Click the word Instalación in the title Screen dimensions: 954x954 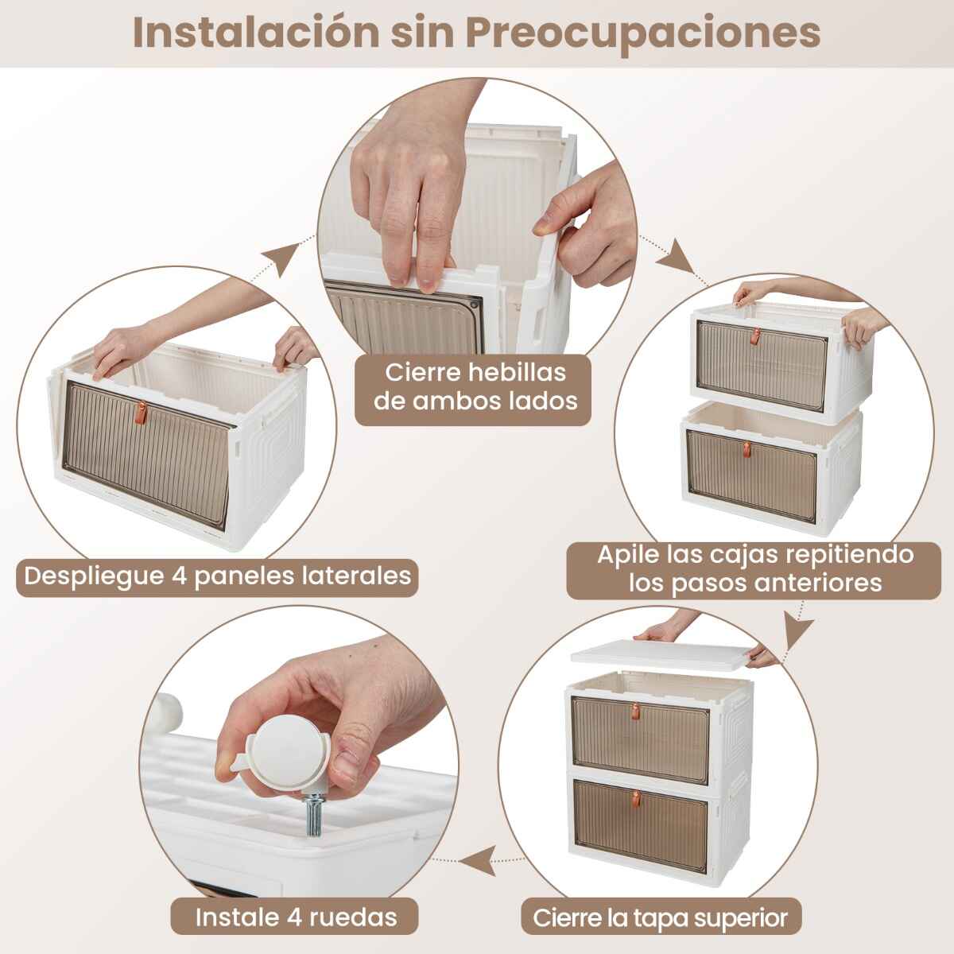point(256,33)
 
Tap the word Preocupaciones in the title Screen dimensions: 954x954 point(642,35)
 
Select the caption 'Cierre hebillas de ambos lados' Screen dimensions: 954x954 point(475,386)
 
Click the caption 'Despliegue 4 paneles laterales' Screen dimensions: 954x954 point(217,576)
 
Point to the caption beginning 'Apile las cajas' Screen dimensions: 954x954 point(755,568)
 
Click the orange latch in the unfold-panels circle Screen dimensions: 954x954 point(142,413)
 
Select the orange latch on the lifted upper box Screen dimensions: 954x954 point(755,336)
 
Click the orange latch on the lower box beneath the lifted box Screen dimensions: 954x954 point(747,449)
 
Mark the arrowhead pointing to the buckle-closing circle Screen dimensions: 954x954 point(282,258)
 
